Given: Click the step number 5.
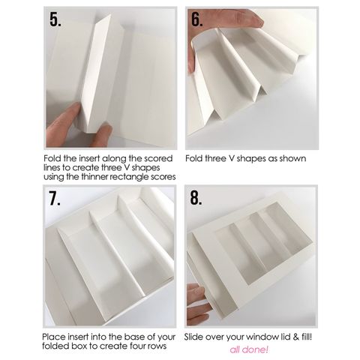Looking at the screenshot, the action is click(x=55, y=19).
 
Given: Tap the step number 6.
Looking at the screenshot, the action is click(x=197, y=19).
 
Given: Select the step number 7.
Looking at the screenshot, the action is click(x=55, y=198).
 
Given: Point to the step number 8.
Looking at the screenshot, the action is click(x=196, y=198).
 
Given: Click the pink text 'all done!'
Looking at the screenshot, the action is click(x=249, y=349).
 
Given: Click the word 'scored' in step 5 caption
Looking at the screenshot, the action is click(x=159, y=158).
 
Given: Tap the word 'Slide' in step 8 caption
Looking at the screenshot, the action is click(x=194, y=337).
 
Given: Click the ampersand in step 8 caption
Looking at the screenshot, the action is click(x=296, y=337).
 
